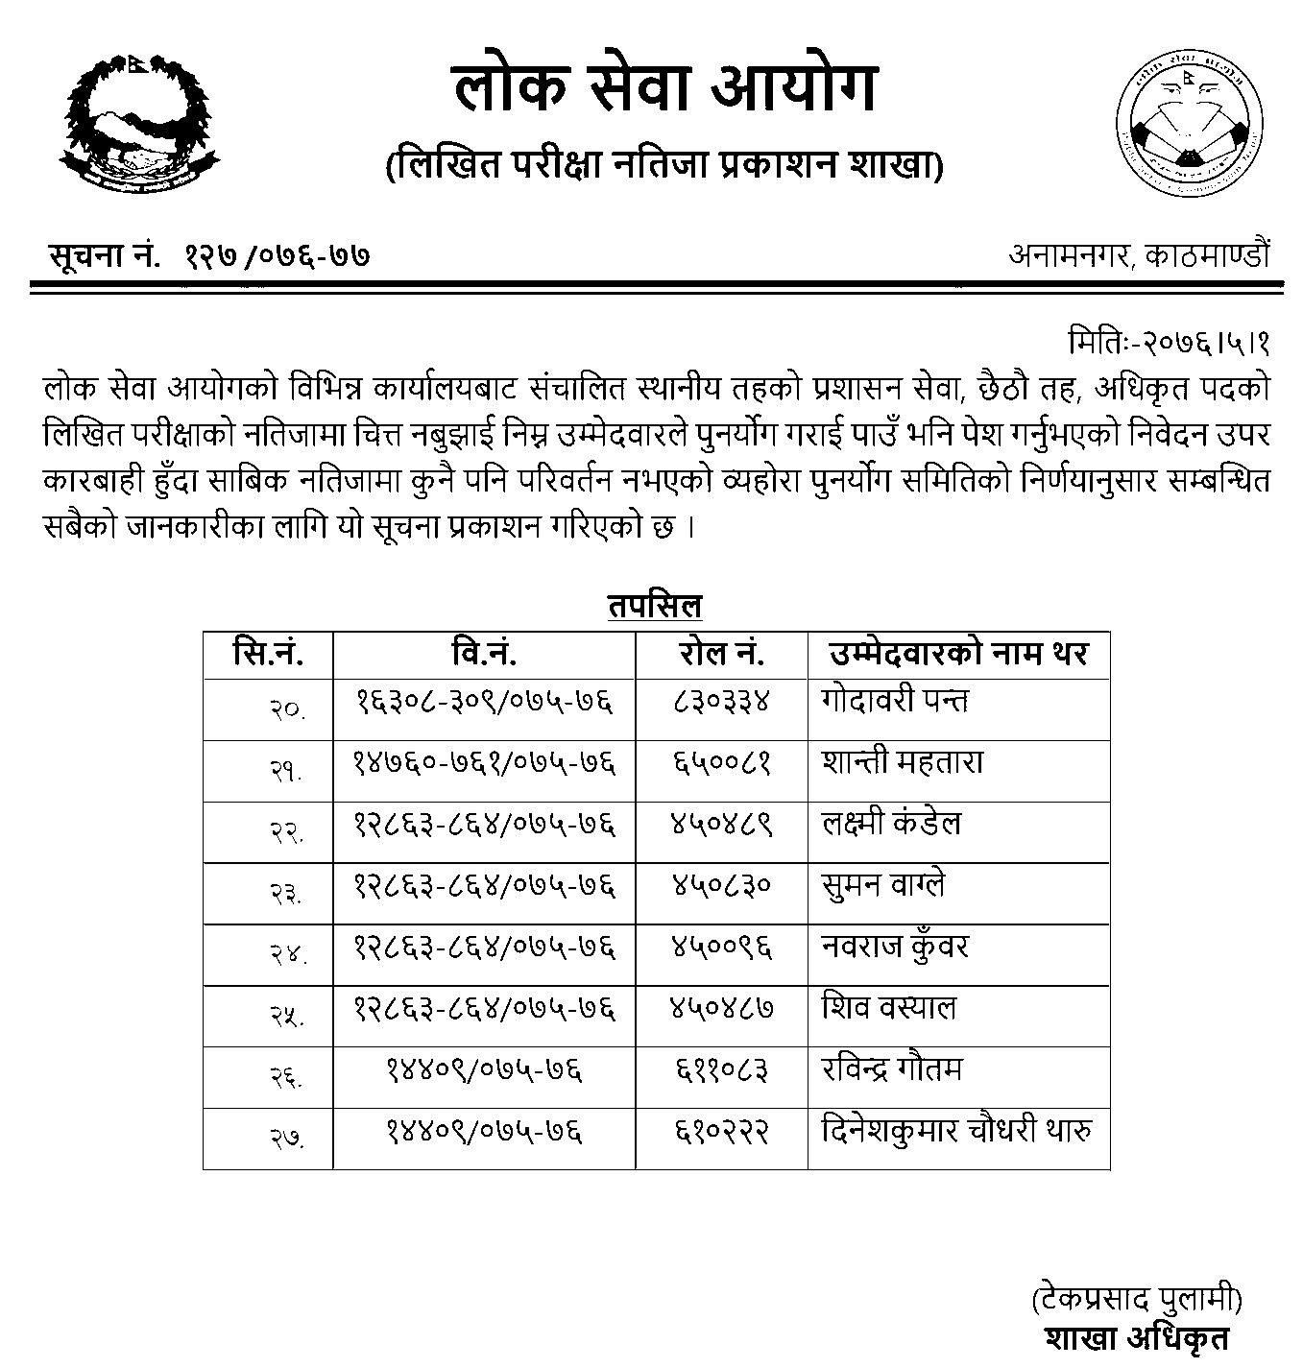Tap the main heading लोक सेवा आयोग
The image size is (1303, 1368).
[664, 89]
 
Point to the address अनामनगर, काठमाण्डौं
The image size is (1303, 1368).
[1139, 255]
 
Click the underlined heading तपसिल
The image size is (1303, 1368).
[655, 607]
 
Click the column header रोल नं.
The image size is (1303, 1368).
[721, 655]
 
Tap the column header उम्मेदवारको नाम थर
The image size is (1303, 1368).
[957, 655]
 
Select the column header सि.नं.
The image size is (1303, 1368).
[268, 655]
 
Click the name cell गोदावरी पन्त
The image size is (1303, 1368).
[895, 701]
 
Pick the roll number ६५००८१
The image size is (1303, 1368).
[721, 763]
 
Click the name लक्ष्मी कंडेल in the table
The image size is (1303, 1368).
[891, 824]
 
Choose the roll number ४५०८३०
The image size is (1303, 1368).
[721, 885]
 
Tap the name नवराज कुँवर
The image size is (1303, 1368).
[895, 948]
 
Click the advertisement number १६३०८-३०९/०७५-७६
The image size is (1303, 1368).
[484, 701]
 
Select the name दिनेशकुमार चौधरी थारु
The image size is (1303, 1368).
[957, 1132]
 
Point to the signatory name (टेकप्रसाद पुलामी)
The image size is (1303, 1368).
[1137, 1301]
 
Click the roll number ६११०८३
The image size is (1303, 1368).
[721, 1069]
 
